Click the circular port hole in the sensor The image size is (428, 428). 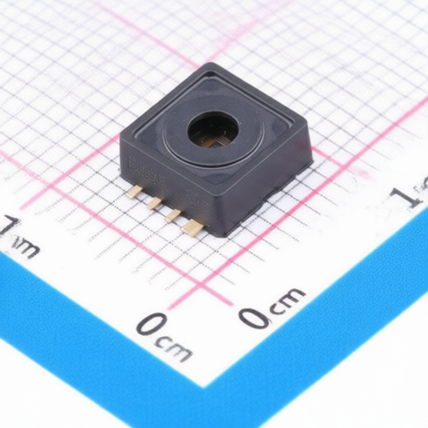click(x=213, y=130)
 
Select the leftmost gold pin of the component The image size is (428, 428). click(x=134, y=191)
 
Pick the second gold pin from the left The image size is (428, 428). click(x=153, y=202)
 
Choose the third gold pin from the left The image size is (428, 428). click(x=172, y=215)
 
